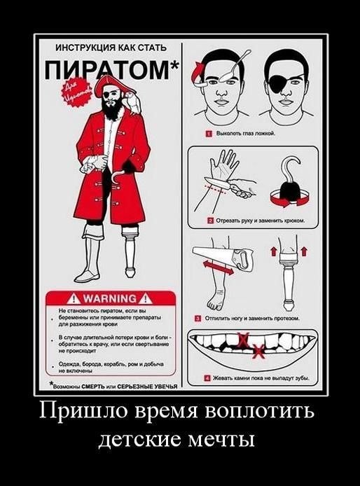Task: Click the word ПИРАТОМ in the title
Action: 109,71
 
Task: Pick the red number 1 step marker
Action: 209,132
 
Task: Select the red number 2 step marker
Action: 209,220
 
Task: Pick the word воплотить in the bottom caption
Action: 263,410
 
